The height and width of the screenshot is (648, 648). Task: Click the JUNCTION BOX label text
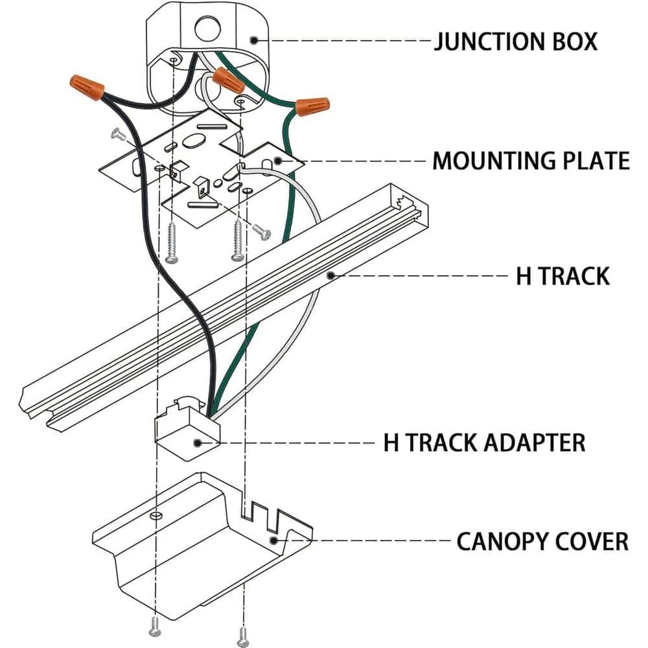[x=515, y=41]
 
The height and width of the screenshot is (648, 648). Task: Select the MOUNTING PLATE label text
[x=531, y=160]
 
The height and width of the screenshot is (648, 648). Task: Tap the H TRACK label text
[x=562, y=275]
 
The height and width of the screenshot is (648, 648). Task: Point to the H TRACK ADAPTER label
[x=485, y=443]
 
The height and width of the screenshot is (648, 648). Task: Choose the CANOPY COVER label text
[x=542, y=541]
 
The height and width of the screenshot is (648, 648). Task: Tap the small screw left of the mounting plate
[x=119, y=135]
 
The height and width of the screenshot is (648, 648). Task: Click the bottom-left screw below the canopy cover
[x=154, y=625]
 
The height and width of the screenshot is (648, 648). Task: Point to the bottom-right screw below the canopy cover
[x=243, y=634]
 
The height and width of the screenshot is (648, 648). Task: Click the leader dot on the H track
[x=330, y=275]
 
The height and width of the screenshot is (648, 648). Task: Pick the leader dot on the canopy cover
[x=274, y=540]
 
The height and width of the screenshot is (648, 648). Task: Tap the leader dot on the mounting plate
[x=277, y=159]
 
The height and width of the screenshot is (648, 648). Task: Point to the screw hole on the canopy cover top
[x=154, y=516]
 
